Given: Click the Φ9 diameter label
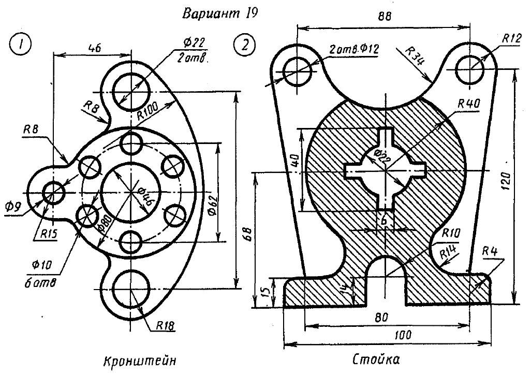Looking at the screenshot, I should (14, 207).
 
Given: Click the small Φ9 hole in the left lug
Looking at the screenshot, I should (53, 193).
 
